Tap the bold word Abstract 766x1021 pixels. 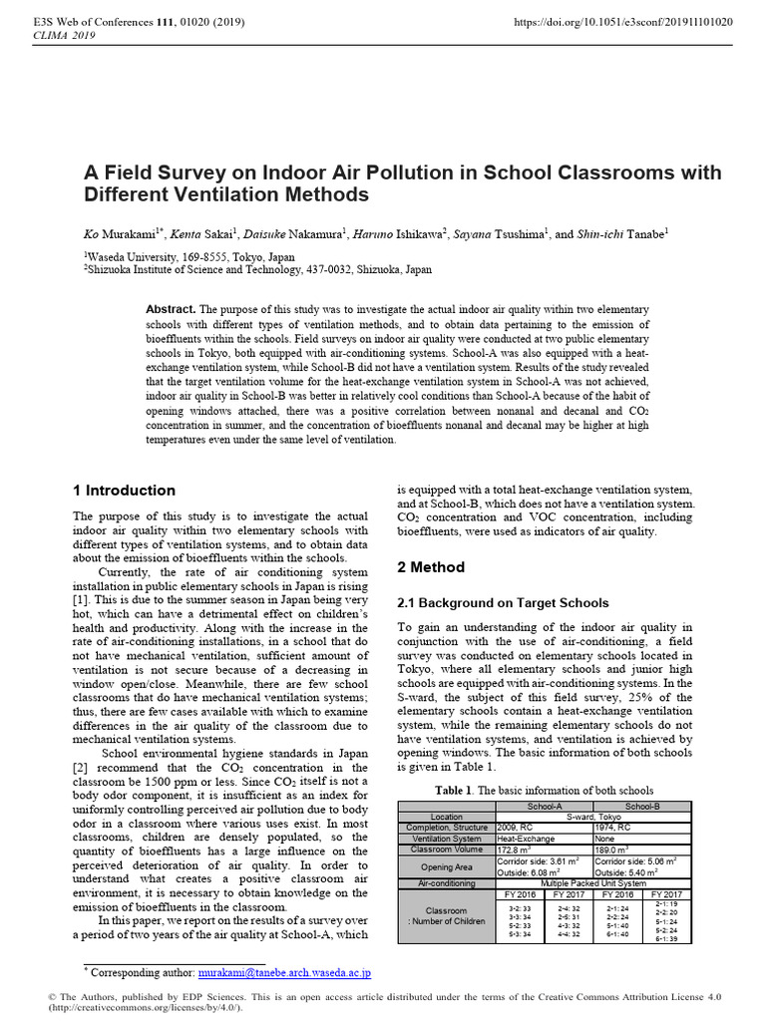(x=171, y=310)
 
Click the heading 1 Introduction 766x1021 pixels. (x=124, y=491)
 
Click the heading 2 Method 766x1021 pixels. (x=431, y=567)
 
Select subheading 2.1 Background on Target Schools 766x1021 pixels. (x=504, y=603)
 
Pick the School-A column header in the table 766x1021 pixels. (x=544, y=806)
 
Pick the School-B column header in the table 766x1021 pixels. (x=641, y=806)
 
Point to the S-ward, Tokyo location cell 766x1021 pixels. (x=593, y=817)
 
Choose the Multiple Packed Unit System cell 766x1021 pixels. (x=593, y=883)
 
